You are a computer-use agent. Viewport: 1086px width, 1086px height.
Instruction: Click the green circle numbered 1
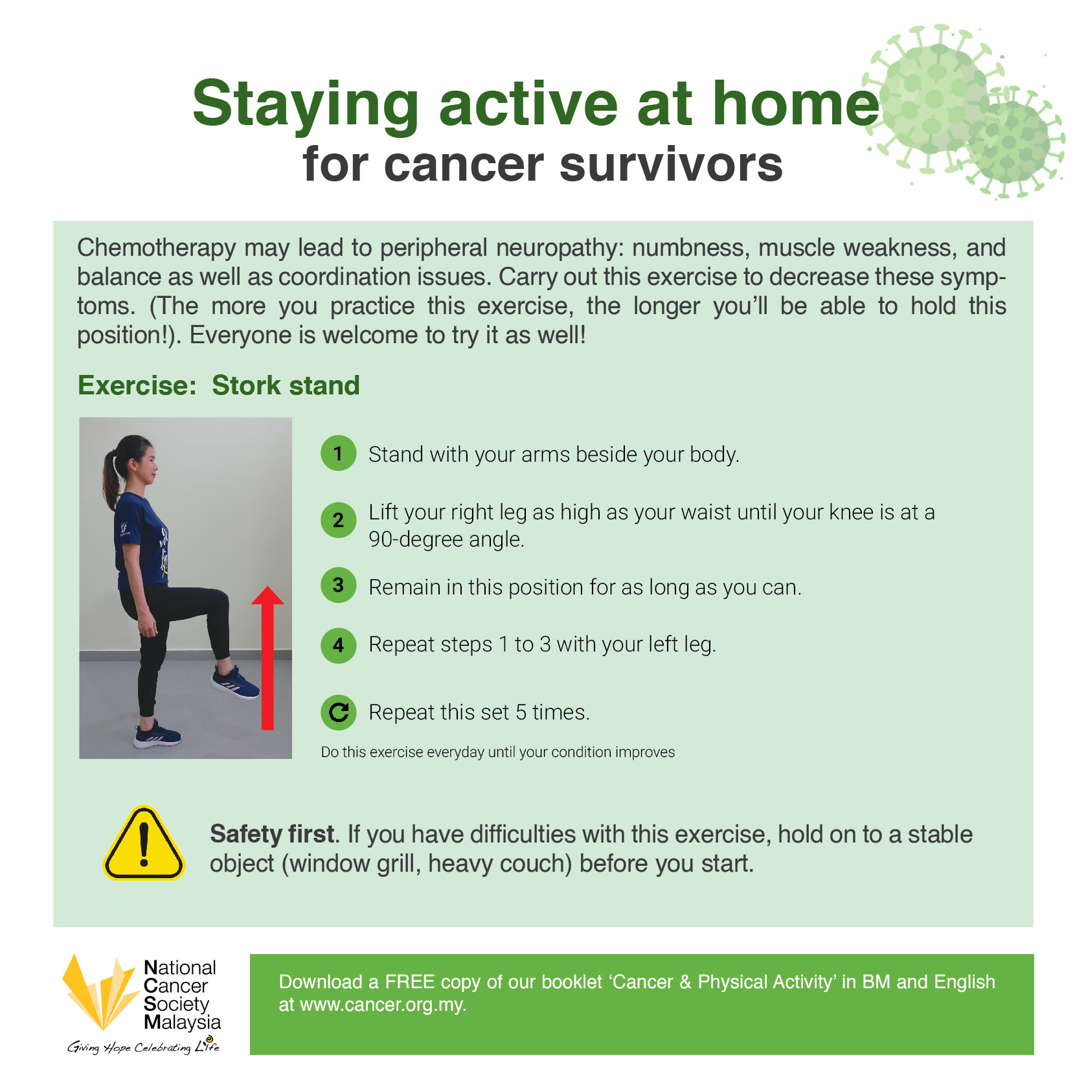pos(338,453)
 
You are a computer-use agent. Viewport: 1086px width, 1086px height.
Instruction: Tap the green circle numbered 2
pos(338,520)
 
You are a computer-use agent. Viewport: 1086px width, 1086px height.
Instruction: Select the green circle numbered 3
pos(338,585)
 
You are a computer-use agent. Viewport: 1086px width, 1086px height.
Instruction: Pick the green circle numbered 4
pos(338,646)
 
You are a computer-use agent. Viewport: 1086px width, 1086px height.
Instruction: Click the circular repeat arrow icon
pos(338,712)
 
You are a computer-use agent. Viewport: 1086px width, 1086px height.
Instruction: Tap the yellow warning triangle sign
pos(144,843)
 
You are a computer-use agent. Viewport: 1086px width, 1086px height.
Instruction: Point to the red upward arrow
pos(267,658)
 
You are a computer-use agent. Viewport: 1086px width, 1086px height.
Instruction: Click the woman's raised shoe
pos(235,683)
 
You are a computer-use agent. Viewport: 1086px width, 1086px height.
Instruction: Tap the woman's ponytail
pos(111,476)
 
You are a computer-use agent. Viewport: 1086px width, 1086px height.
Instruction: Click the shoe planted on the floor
pos(157,735)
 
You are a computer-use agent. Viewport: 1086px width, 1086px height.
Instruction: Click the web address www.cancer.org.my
pos(382,1005)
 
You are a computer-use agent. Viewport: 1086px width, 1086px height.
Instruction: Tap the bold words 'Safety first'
pos(272,834)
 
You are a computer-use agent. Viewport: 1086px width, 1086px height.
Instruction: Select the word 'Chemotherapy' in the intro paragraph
pos(157,249)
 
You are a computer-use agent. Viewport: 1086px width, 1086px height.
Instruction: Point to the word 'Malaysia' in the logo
pos(182,1023)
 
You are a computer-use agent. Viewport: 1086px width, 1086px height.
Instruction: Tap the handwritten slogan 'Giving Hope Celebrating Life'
pos(144,1046)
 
